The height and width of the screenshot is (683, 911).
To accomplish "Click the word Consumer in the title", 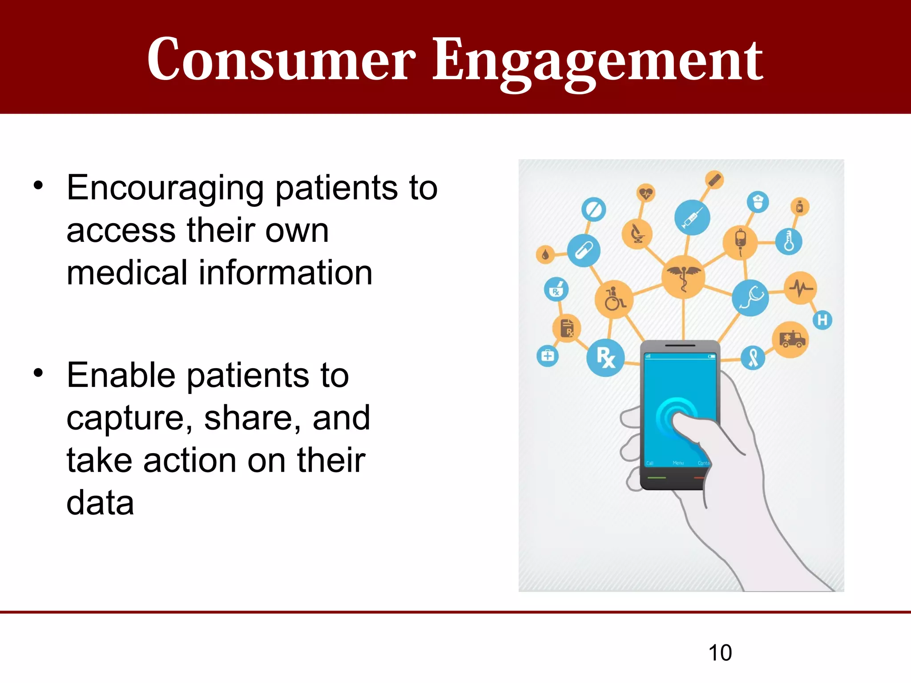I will pos(281,60).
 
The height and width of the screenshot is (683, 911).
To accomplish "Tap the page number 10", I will pos(720,653).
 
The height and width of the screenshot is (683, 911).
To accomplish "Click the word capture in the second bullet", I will pos(129,419).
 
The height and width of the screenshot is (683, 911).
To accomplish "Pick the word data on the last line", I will pos(100,503).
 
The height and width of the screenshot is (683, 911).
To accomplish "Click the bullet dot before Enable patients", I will pos(39,373).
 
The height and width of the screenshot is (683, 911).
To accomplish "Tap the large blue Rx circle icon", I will pos(605,358).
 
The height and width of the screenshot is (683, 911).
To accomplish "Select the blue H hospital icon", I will pos(822,320).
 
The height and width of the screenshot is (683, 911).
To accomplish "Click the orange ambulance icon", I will pos(790,340).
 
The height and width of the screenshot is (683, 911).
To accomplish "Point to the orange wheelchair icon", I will pos(614,299).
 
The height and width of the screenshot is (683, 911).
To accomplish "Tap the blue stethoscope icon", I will pos(750,298).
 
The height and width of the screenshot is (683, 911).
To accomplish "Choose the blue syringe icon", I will pos(692,217).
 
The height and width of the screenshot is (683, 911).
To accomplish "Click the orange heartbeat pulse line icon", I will pos(801,288).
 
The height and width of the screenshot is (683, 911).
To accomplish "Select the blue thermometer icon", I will pos(789,241).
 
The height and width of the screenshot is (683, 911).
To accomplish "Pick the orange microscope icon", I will pos(637,233).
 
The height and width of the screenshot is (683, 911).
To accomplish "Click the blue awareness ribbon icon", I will pos(753,358).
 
